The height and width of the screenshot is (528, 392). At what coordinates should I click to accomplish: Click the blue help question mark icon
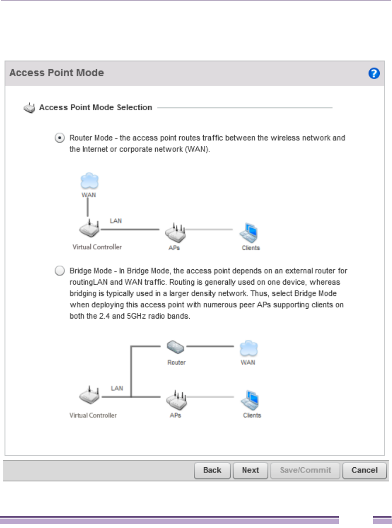click(374, 73)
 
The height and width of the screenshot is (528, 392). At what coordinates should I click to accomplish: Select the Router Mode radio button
click(59, 138)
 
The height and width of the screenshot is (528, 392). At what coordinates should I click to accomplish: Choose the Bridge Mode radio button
click(59, 271)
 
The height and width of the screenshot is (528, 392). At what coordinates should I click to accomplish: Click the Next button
click(250, 470)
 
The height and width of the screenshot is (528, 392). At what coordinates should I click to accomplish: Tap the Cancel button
click(364, 470)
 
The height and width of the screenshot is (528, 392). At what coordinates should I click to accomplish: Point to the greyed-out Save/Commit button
click(305, 470)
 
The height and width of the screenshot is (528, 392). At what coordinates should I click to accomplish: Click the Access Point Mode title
click(56, 73)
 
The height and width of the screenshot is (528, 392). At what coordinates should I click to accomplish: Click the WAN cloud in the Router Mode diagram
click(88, 181)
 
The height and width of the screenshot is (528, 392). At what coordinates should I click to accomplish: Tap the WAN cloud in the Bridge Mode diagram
click(248, 349)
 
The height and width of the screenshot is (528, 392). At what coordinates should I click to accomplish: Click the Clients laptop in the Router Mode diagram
click(249, 232)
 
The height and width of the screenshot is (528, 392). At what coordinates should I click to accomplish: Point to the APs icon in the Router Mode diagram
click(175, 231)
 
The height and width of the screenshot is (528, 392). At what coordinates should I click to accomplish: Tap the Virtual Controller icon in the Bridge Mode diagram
click(89, 398)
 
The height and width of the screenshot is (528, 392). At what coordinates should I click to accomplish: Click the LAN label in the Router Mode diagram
click(116, 220)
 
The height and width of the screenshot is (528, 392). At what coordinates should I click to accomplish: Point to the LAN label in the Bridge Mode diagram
click(117, 388)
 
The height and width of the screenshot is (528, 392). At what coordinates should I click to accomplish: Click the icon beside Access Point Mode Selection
click(29, 108)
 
